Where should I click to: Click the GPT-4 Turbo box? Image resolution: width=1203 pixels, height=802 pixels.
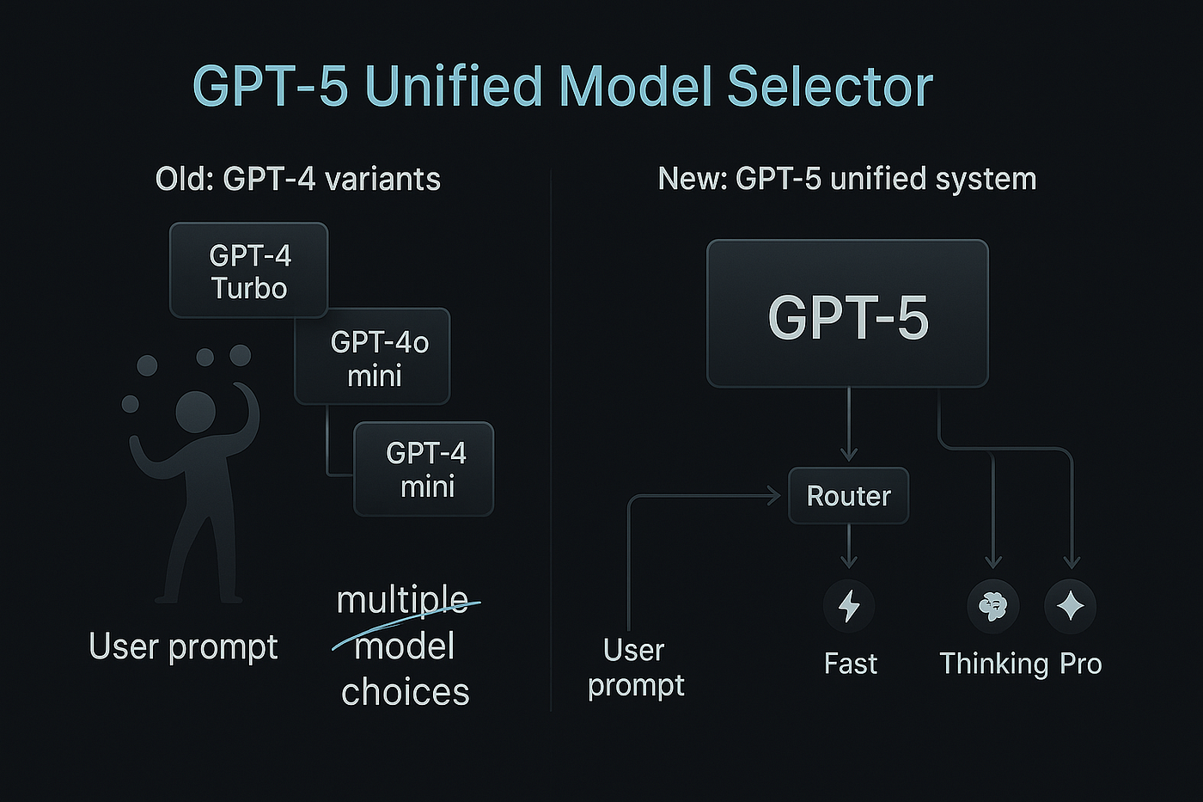pos(248,271)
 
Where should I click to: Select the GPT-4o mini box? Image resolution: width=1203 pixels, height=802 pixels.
pos(372,356)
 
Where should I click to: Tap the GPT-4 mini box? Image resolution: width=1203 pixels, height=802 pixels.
pos(424,468)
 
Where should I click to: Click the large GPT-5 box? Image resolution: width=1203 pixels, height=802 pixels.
pos(847,314)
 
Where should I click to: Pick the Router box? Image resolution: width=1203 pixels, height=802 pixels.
pos(848,496)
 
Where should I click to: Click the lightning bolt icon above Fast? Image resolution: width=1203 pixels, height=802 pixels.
pos(849,606)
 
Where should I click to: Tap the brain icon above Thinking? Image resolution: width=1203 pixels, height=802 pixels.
pos(993,606)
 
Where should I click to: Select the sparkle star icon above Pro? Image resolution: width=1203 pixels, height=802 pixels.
pos(1071,606)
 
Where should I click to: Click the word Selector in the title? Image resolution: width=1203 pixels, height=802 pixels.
pos(830,86)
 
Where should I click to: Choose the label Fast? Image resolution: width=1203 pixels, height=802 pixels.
pos(850,664)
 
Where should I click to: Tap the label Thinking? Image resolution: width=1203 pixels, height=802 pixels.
pos(993,664)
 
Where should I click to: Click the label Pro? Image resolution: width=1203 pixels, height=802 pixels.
pos(1080,664)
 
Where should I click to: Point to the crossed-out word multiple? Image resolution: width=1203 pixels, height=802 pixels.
pos(402,600)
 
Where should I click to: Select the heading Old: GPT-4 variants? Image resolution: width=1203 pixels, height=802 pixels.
pos(297,179)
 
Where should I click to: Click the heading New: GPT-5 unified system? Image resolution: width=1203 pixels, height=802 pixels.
pos(846,179)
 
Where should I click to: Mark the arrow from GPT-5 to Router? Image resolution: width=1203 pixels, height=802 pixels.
pos(849,425)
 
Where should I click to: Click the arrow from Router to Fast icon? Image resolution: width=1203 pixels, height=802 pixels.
pos(849,547)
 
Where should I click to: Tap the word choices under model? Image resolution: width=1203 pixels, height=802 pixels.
pos(405,692)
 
